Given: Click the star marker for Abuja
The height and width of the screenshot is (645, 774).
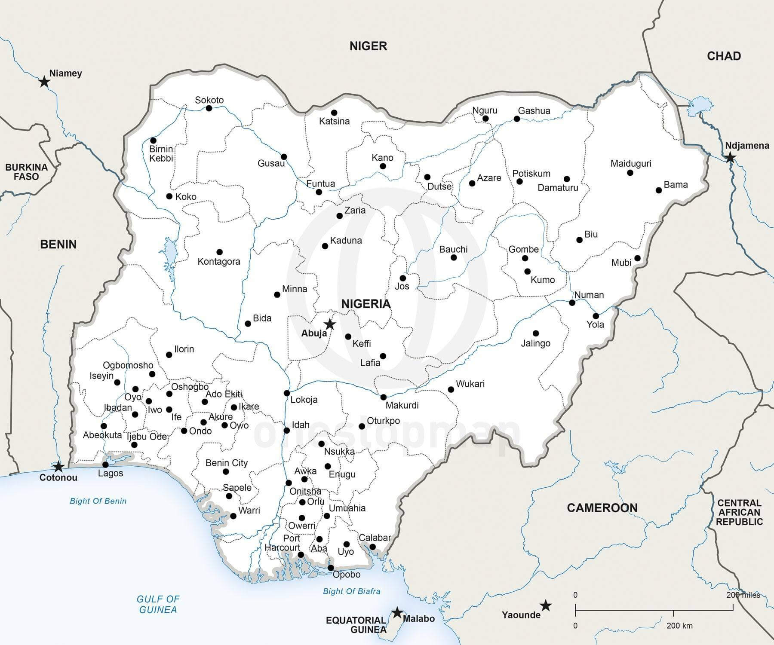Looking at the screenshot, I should click(x=330, y=324).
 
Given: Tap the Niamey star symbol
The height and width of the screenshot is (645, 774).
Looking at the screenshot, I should click(x=44, y=82).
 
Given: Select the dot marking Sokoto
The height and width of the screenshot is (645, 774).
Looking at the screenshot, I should click(x=209, y=108).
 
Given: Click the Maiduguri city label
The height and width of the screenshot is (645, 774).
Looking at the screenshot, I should click(x=631, y=164).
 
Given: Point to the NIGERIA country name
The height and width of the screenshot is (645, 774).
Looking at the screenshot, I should click(x=366, y=304).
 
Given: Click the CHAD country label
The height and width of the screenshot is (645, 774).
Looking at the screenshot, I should click(x=724, y=56).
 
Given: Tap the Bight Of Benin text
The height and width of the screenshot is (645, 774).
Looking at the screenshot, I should click(x=98, y=501).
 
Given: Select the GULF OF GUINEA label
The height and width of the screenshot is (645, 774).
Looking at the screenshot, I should click(x=158, y=604).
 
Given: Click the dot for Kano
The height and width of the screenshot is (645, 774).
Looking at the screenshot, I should click(x=383, y=166).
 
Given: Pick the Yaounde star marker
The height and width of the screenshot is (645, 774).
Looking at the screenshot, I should click(x=546, y=606).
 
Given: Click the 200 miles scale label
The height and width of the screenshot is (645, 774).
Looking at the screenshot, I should click(x=743, y=595).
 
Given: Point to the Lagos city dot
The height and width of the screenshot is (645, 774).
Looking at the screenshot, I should click(x=106, y=465).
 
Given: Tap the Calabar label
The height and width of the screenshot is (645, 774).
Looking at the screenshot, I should click(x=375, y=538).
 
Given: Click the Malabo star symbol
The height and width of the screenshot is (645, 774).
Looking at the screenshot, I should click(x=397, y=612).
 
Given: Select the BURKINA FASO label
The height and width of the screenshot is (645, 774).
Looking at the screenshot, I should click(x=26, y=172).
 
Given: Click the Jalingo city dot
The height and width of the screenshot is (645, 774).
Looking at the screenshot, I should click(x=536, y=333).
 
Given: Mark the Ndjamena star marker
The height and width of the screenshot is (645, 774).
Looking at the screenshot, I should click(x=730, y=158).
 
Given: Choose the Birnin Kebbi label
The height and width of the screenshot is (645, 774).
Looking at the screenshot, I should click(x=161, y=154).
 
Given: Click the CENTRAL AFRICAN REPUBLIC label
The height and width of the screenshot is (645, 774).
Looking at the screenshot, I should click(x=739, y=512).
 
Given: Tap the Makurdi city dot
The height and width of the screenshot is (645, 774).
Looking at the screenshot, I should click(x=383, y=397).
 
